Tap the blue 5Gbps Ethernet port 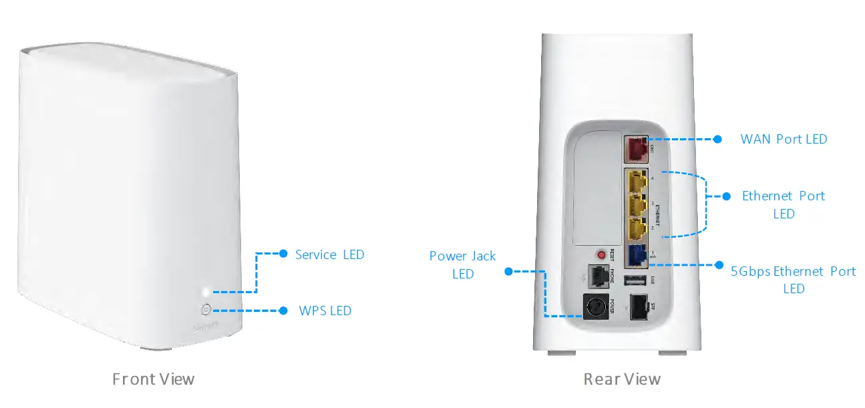pos(636,256)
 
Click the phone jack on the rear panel pos(596,274)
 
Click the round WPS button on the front pos(206,310)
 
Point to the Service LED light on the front pos(206,292)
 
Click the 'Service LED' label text pos(329,254)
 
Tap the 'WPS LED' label pos(325,311)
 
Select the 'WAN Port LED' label pos(784,140)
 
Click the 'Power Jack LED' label pos(462,264)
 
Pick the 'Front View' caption pos(154,379)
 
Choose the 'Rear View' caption pos(622,379)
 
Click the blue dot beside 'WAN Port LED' pos(717,140)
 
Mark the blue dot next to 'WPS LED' pos(283,311)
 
